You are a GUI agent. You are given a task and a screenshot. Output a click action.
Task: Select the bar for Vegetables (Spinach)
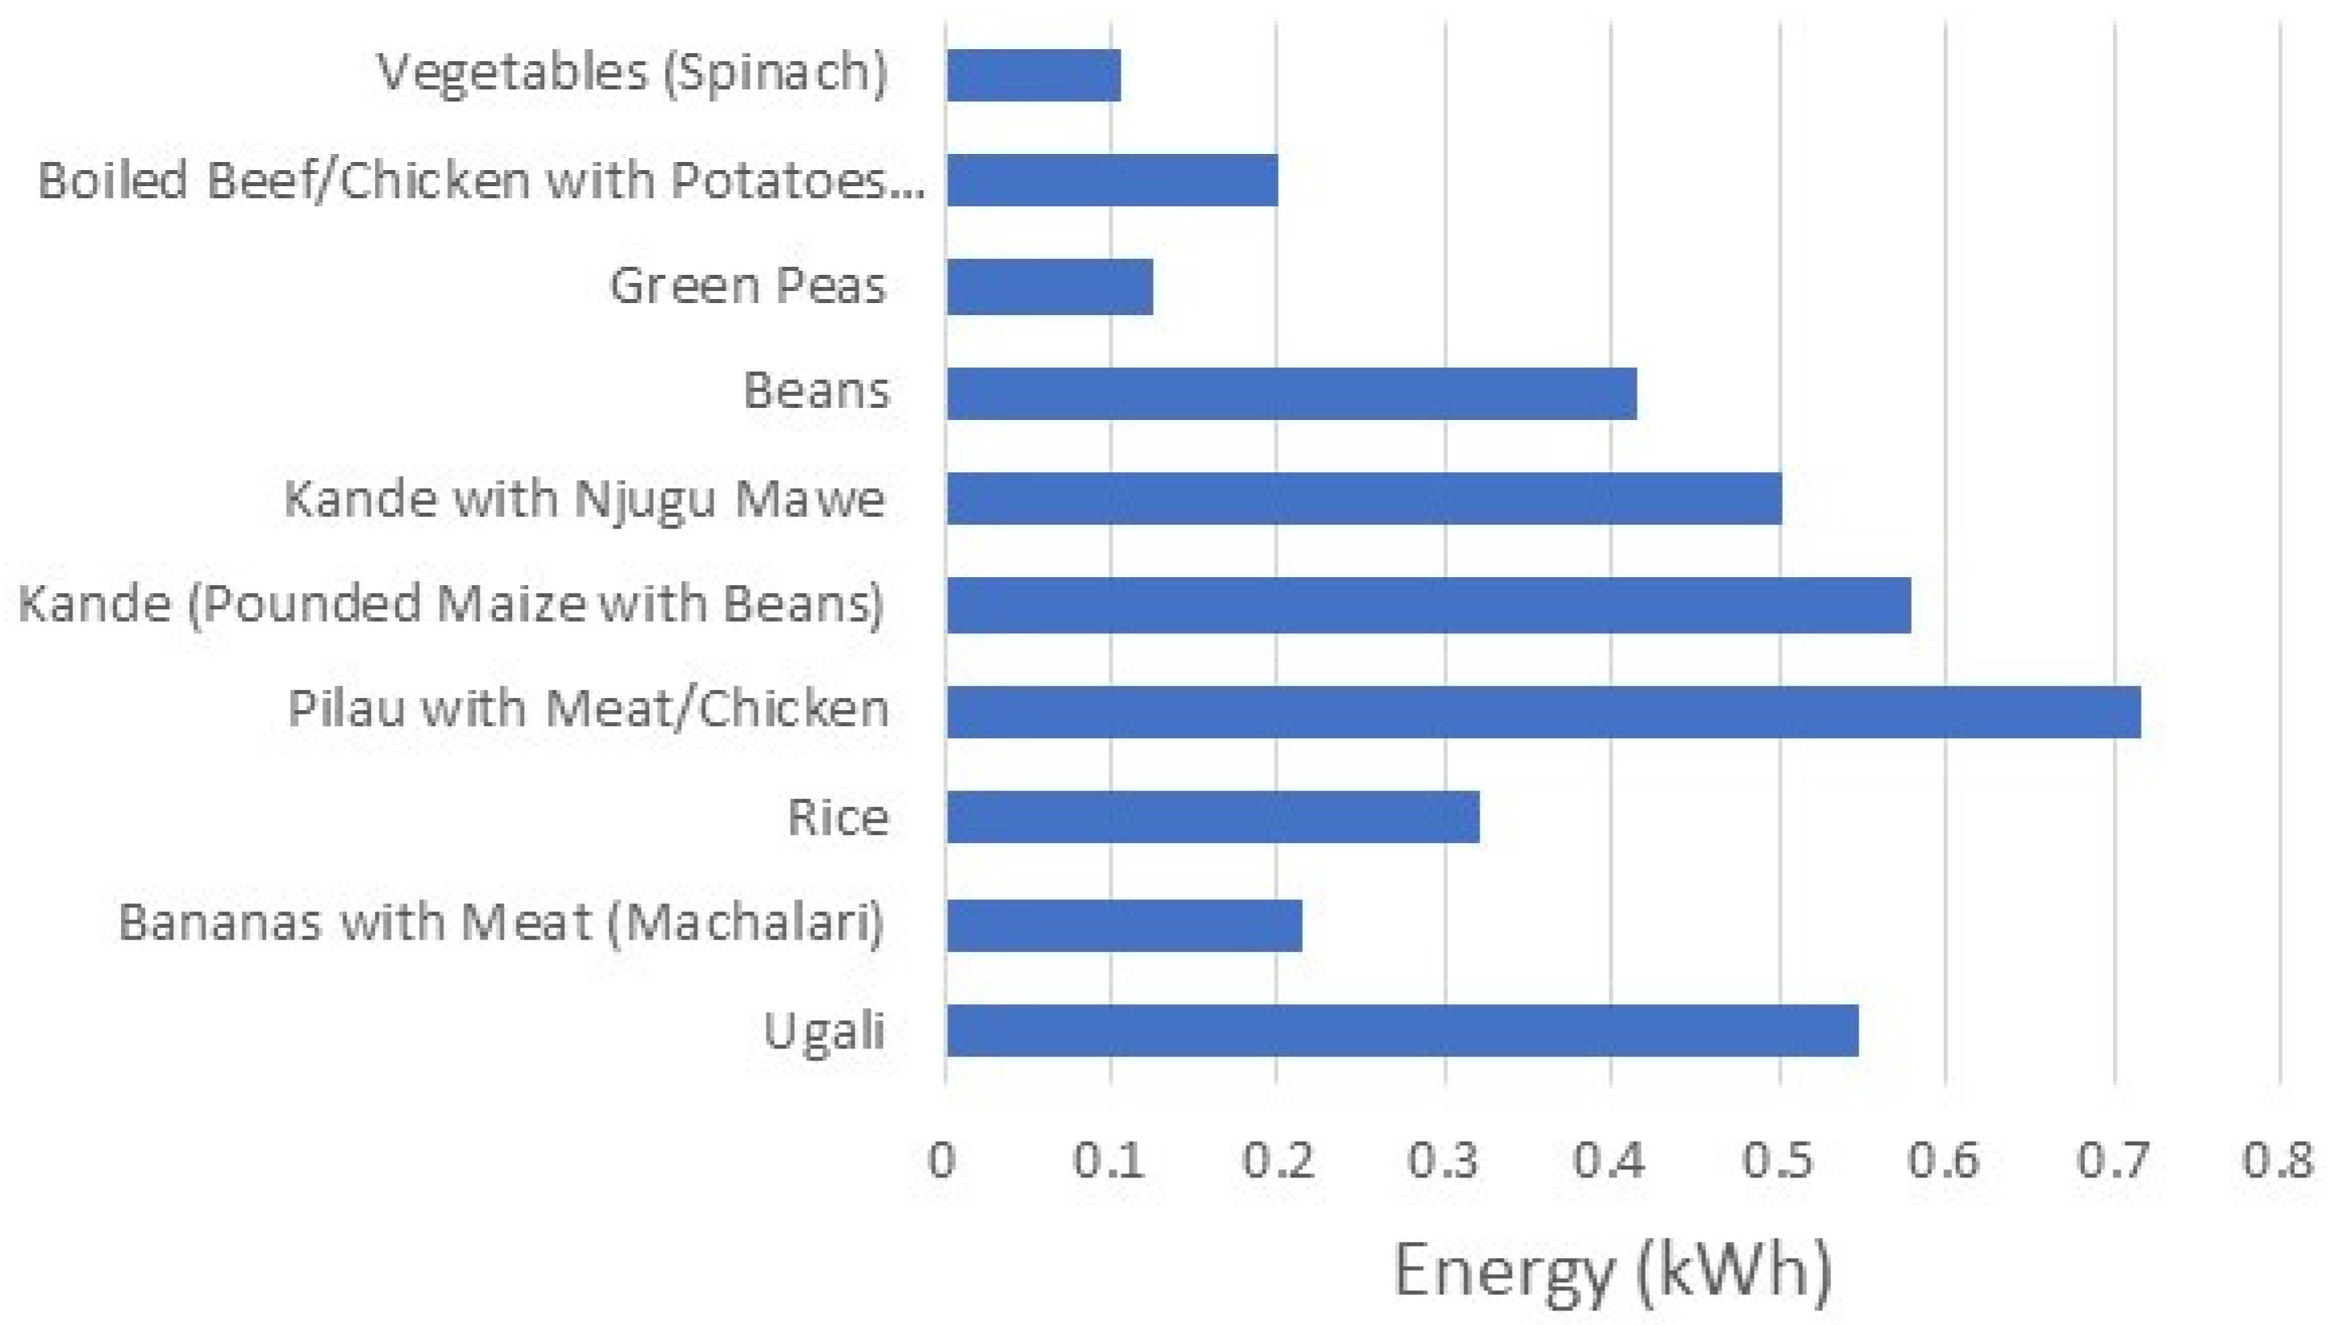[1033, 75]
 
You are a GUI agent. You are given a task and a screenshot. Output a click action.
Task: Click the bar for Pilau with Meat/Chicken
[1543, 712]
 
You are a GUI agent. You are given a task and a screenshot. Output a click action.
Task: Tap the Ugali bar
[1402, 1030]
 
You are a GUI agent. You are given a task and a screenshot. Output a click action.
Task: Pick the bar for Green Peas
[1050, 287]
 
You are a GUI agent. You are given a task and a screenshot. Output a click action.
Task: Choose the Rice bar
[1213, 816]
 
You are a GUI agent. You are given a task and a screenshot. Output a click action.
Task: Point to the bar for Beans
[1291, 393]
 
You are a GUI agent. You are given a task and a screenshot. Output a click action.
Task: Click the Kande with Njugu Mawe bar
[1363, 499]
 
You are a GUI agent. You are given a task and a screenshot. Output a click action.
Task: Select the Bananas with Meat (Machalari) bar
[1124, 925]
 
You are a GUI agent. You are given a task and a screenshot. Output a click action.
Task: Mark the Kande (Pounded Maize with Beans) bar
[1427, 605]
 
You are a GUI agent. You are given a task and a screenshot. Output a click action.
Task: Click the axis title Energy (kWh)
[1612, 1269]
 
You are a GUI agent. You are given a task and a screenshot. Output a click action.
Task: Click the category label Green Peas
[747, 286]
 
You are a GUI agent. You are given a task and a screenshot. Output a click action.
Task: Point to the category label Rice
[838, 816]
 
